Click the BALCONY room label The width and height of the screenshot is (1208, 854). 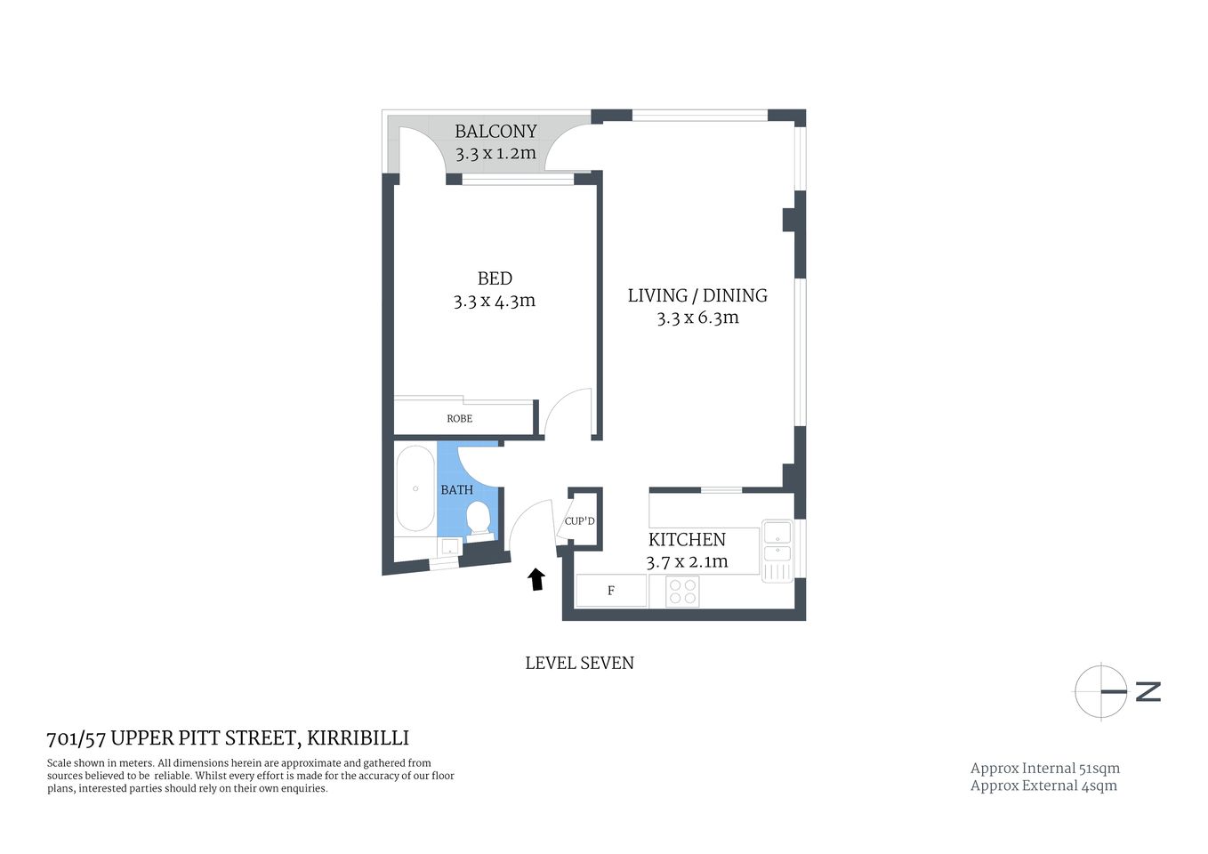pyautogui.click(x=495, y=131)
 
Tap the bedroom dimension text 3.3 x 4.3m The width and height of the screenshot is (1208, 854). pyautogui.click(x=494, y=301)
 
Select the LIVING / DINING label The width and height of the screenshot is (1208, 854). pyautogui.click(x=697, y=295)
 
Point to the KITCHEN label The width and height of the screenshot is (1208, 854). pyautogui.click(x=687, y=539)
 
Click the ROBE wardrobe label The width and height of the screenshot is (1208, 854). pyautogui.click(x=459, y=418)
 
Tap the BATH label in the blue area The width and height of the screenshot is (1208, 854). pyautogui.click(x=456, y=489)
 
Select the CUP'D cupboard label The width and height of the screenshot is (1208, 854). pyautogui.click(x=579, y=521)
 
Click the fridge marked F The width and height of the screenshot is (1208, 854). pyautogui.click(x=611, y=591)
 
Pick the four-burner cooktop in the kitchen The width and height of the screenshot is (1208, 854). pyautogui.click(x=682, y=592)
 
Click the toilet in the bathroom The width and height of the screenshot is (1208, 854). pyautogui.click(x=479, y=518)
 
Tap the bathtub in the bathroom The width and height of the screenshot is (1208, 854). pyautogui.click(x=415, y=488)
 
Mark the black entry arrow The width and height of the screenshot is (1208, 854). pyautogui.click(x=536, y=580)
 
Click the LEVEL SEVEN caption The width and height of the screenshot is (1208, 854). pyautogui.click(x=579, y=663)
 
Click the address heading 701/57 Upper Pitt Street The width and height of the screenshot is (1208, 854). pyautogui.click(x=228, y=737)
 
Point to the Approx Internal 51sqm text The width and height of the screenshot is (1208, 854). pyautogui.click(x=1044, y=768)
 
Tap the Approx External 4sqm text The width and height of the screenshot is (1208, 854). pyautogui.click(x=1043, y=786)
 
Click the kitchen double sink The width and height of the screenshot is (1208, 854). pyautogui.click(x=777, y=542)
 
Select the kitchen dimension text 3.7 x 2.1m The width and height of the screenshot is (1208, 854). pyautogui.click(x=687, y=562)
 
